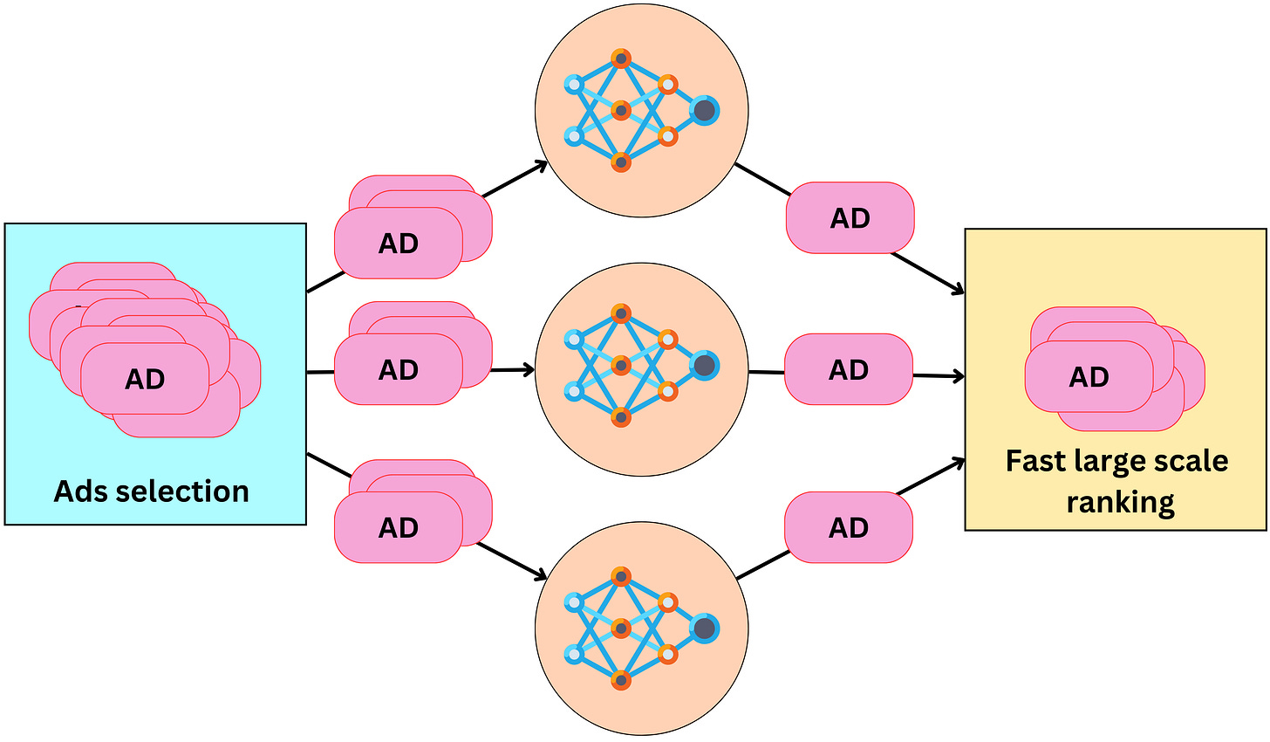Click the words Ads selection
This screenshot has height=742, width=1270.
pos(152,491)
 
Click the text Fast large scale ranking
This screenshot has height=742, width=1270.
pos(1117,481)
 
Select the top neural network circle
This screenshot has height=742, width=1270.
pos(641,110)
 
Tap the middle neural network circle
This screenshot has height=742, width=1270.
pos(641,369)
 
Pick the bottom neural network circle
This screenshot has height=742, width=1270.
pos(641,629)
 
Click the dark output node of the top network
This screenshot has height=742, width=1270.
pos(705,111)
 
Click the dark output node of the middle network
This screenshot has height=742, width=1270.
pos(705,365)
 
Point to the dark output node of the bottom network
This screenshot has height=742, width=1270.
pos(705,629)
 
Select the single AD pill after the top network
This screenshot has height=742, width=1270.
pos(850,218)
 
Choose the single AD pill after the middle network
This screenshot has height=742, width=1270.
pos(849,370)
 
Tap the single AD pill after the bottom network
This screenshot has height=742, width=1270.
pos(849,527)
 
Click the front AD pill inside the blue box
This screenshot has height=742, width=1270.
pos(145,379)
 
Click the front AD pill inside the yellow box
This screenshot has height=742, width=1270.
pos(1089,377)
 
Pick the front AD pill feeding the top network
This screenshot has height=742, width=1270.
pos(398,244)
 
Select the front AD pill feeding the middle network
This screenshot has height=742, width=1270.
pos(398,370)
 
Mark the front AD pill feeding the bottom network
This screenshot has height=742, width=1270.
pos(398,527)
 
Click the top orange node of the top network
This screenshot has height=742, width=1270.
pos(620,59)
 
